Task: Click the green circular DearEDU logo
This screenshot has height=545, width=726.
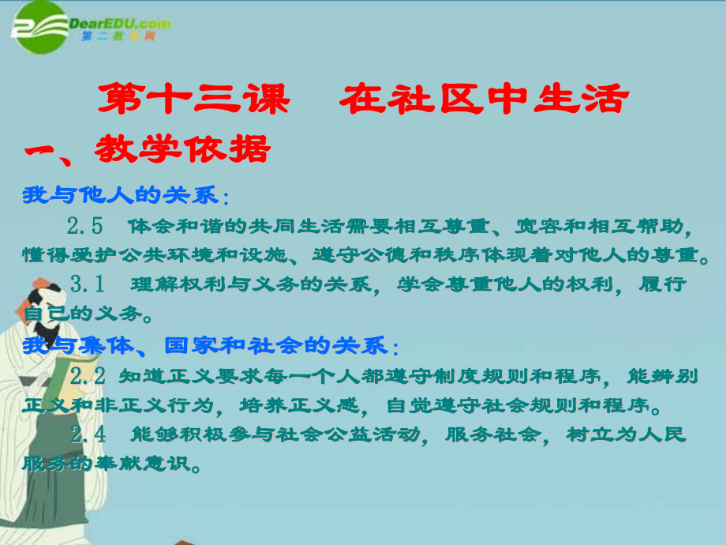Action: (41, 27)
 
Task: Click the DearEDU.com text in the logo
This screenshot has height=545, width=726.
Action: (120, 23)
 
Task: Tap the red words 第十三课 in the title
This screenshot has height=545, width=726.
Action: (194, 99)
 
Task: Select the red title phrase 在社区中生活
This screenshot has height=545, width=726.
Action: (485, 99)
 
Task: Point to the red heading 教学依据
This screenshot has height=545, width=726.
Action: (182, 149)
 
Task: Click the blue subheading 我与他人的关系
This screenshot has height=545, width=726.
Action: (121, 195)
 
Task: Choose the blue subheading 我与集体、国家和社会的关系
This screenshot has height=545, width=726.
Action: (204, 346)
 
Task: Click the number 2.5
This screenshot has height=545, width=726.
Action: (84, 226)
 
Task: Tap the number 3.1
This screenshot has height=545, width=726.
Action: (87, 284)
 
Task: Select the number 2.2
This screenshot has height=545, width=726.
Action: (88, 376)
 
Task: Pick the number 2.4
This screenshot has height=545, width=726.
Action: (88, 434)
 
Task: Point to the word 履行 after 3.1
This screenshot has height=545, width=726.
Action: (663, 284)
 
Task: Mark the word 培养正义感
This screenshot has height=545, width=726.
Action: (299, 405)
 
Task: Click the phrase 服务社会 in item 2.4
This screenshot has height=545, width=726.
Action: (493, 434)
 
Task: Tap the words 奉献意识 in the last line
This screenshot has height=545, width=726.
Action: (142, 463)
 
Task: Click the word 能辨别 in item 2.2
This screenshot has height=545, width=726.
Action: (663, 376)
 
